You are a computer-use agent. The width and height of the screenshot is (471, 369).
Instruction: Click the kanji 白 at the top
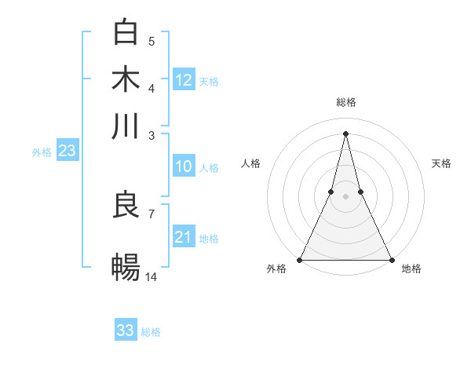(x=126, y=33)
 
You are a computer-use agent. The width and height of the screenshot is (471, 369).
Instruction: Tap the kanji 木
(x=126, y=80)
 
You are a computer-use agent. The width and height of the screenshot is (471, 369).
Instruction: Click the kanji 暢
(x=126, y=269)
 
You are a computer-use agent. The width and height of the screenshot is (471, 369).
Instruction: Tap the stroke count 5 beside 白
(x=151, y=41)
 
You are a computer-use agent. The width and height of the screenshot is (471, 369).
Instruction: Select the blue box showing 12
(x=184, y=79)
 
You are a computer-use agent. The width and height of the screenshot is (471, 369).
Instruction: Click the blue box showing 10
(x=184, y=166)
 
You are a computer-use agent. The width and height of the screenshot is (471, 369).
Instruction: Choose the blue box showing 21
(x=184, y=237)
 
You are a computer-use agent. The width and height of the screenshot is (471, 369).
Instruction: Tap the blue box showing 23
(x=67, y=152)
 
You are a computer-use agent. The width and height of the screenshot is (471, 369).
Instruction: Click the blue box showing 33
(x=126, y=331)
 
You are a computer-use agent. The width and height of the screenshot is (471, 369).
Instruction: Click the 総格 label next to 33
(x=151, y=332)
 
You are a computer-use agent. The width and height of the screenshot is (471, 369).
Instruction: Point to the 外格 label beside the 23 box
(x=42, y=152)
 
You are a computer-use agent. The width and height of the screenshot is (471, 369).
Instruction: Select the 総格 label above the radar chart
(x=345, y=102)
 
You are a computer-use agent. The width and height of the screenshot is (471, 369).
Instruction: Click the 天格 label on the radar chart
(x=441, y=163)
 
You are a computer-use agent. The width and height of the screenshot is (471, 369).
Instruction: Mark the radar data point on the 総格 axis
(x=345, y=133)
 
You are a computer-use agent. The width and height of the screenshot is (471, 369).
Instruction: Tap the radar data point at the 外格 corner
(x=300, y=260)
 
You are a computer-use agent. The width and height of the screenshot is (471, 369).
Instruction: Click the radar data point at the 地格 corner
(x=391, y=260)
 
